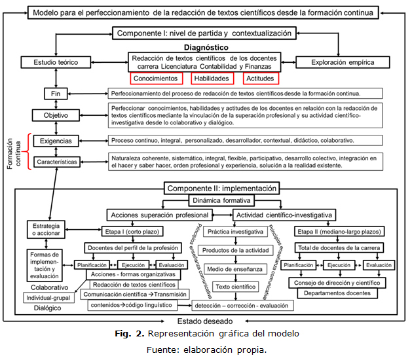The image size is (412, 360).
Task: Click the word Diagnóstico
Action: point(206,48)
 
